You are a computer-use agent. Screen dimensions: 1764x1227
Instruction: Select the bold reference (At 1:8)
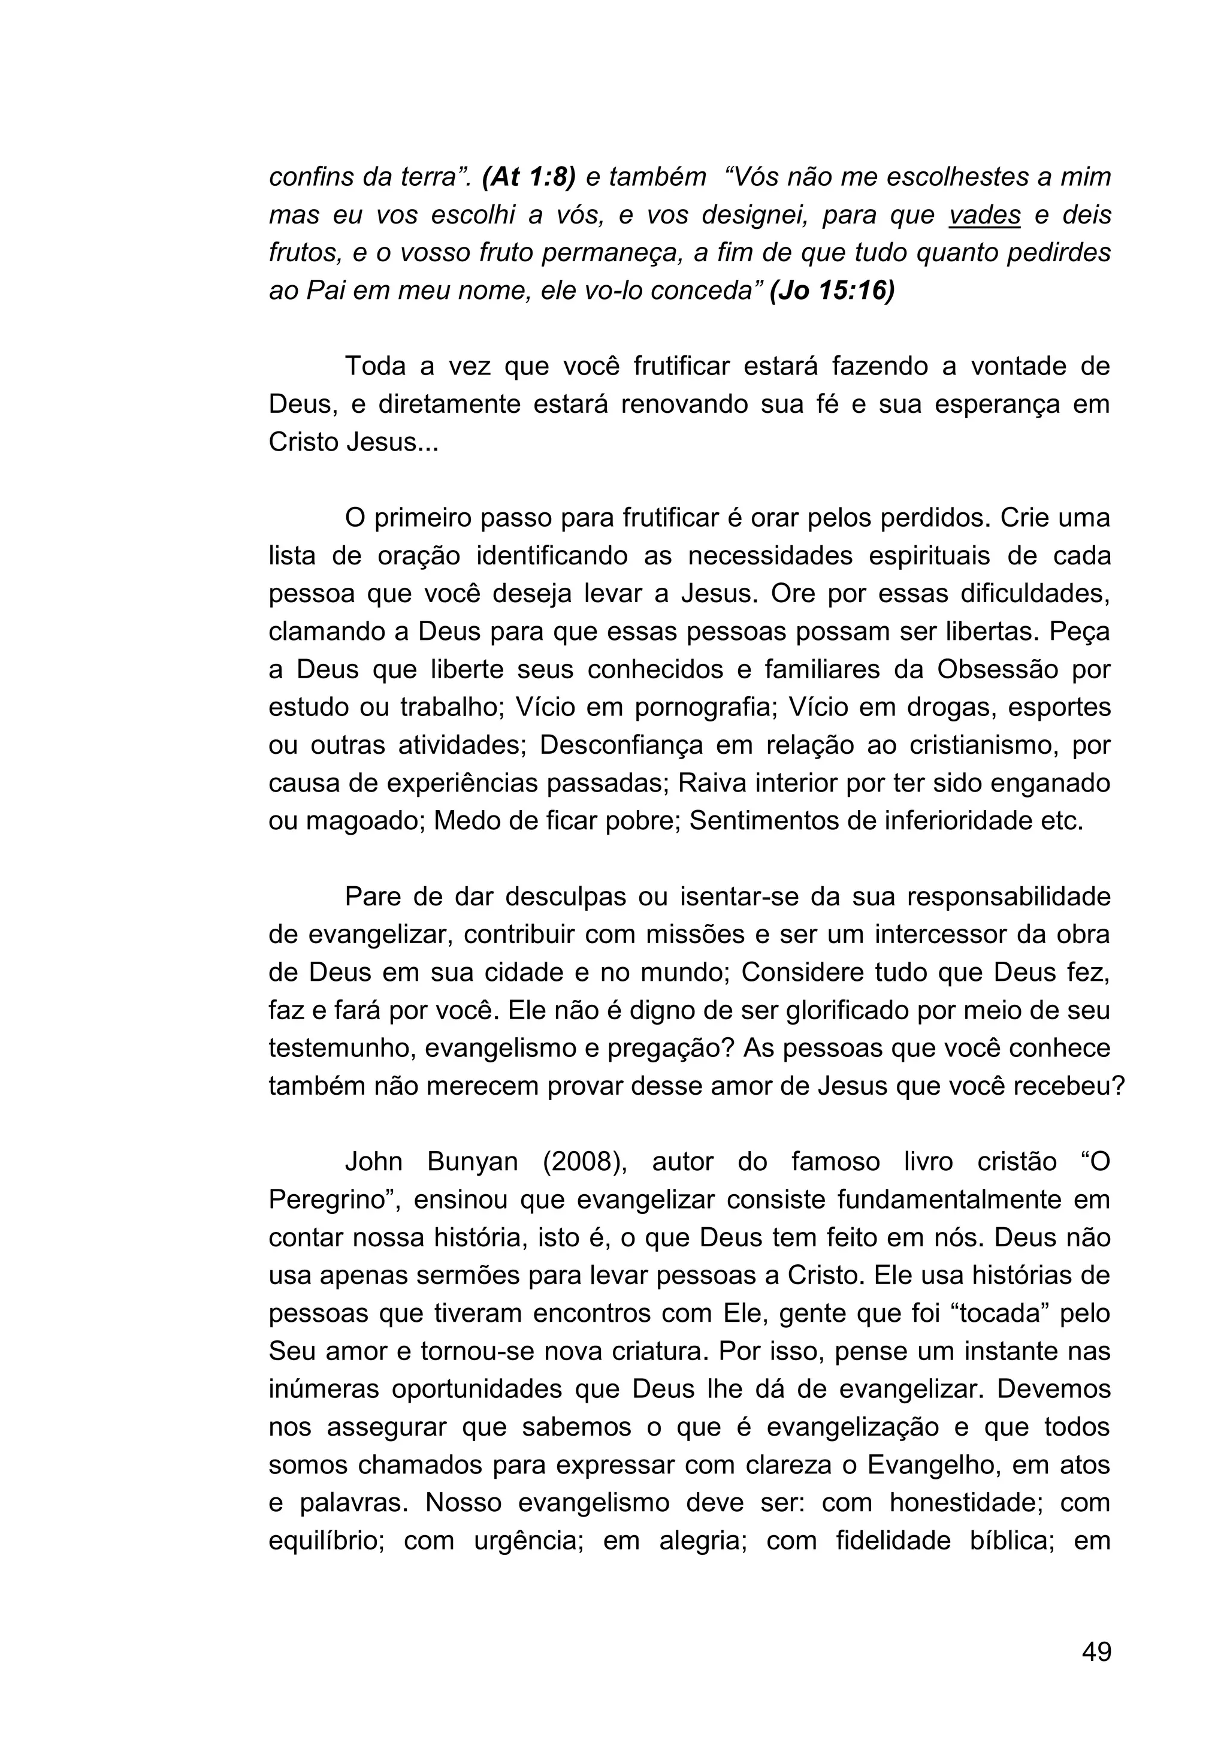[528, 177]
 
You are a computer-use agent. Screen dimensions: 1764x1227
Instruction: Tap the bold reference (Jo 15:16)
[832, 291]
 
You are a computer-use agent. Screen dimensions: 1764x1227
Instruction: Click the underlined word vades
[984, 216]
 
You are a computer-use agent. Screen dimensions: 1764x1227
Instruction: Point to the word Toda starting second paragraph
[375, 367]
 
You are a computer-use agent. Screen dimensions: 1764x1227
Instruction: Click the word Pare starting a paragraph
[373, 896]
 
